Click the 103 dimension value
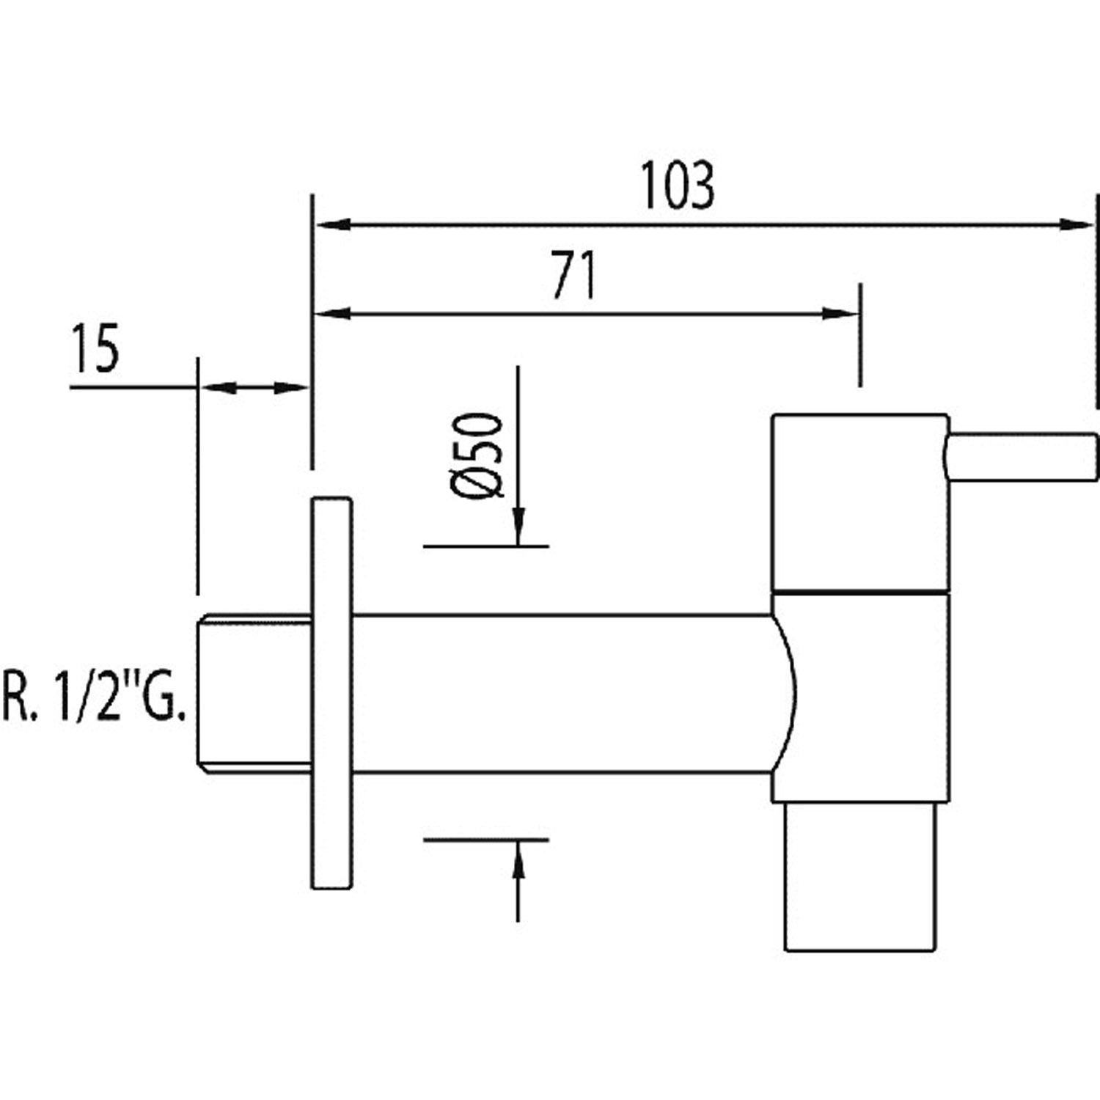[677, 186]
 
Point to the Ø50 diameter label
[477, 455]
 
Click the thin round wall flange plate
[331, 693]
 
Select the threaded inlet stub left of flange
[254, 694]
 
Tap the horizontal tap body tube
[561, 693]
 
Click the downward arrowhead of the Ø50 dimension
[518, 527]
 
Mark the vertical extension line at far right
[1097, 301]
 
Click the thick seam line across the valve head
[860, 590]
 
